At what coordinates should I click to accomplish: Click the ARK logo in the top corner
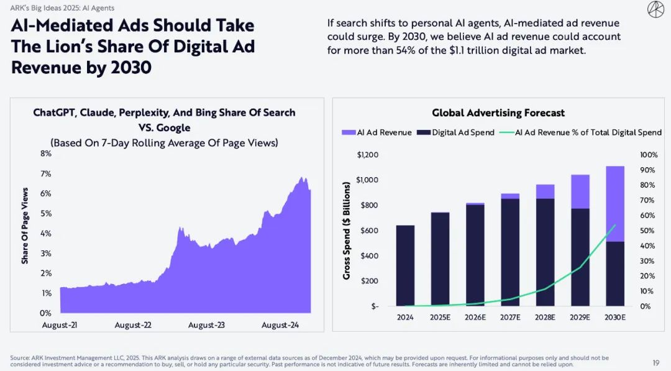point(654,10)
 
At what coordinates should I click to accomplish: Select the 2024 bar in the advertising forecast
point(405,265)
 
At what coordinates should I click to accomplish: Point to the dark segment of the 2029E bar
point(580,257)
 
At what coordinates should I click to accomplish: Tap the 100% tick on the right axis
point(649,155)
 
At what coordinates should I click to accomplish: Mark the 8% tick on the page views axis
point(46,153)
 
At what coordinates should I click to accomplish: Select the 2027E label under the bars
point(510,316)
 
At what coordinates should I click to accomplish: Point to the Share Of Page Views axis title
point(25,233)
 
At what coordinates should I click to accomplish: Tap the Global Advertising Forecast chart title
point(498,113)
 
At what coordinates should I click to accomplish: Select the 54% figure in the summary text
point(406,50)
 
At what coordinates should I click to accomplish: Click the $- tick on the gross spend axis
point(375,306)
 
